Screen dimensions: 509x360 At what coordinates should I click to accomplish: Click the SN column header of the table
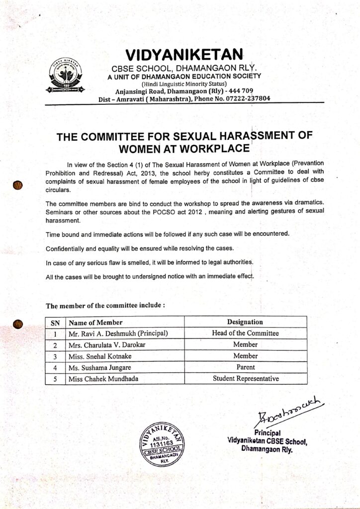coord(55,323)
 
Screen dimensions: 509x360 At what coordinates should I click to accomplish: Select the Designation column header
coord(245,322)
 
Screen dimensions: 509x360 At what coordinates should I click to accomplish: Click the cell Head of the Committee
coord(245,334)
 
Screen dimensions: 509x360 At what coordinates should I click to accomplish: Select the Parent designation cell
coord(245,368)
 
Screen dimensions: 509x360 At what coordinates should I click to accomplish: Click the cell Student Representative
coord(245,379)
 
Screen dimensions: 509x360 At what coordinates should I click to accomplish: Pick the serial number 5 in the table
coord(56,379)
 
